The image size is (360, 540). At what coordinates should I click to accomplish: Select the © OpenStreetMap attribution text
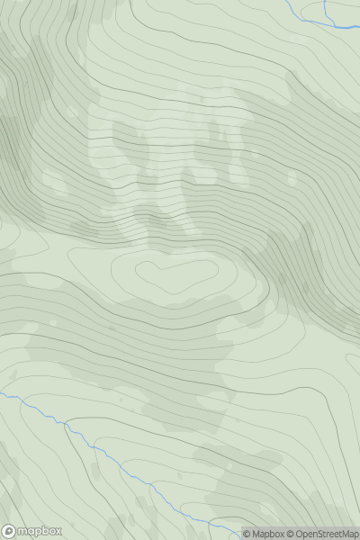(325, 534)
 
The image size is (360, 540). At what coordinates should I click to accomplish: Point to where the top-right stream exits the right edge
(358, 27)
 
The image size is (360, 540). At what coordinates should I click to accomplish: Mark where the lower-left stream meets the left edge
(2, 392)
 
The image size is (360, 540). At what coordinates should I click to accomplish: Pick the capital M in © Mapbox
(257, 534)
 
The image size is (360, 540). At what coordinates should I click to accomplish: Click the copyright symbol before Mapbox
(247, 534)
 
